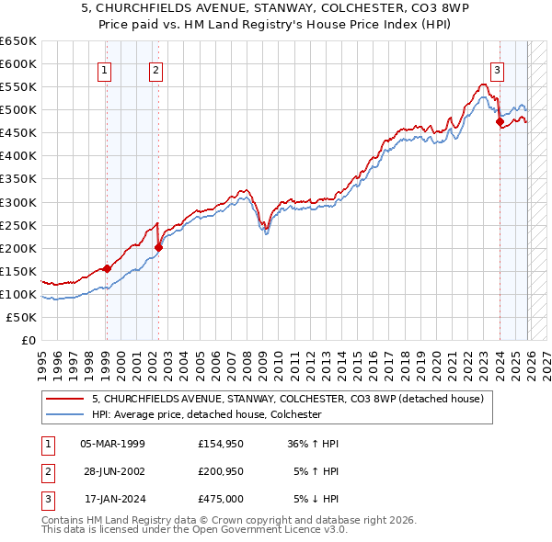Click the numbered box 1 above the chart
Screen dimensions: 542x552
[x=104, y=69]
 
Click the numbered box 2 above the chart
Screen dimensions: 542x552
[x=155, y=69]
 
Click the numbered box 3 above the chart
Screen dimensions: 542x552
[x=497, y=69]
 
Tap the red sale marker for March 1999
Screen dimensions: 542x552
[x=107, y=268]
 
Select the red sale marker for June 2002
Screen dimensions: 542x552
[x=158, y=247]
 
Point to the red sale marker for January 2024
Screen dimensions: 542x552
[x=500, y=121]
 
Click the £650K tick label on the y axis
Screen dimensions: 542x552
[x=18, y=41]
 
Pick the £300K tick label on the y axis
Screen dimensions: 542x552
[x=18, y=202]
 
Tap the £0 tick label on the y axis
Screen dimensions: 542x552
[x=28, y=341]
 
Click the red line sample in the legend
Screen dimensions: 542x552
[x=65, y=400]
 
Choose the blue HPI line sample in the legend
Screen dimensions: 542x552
[x=65, y=414]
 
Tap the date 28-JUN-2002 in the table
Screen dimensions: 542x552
[x=113, y=472]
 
